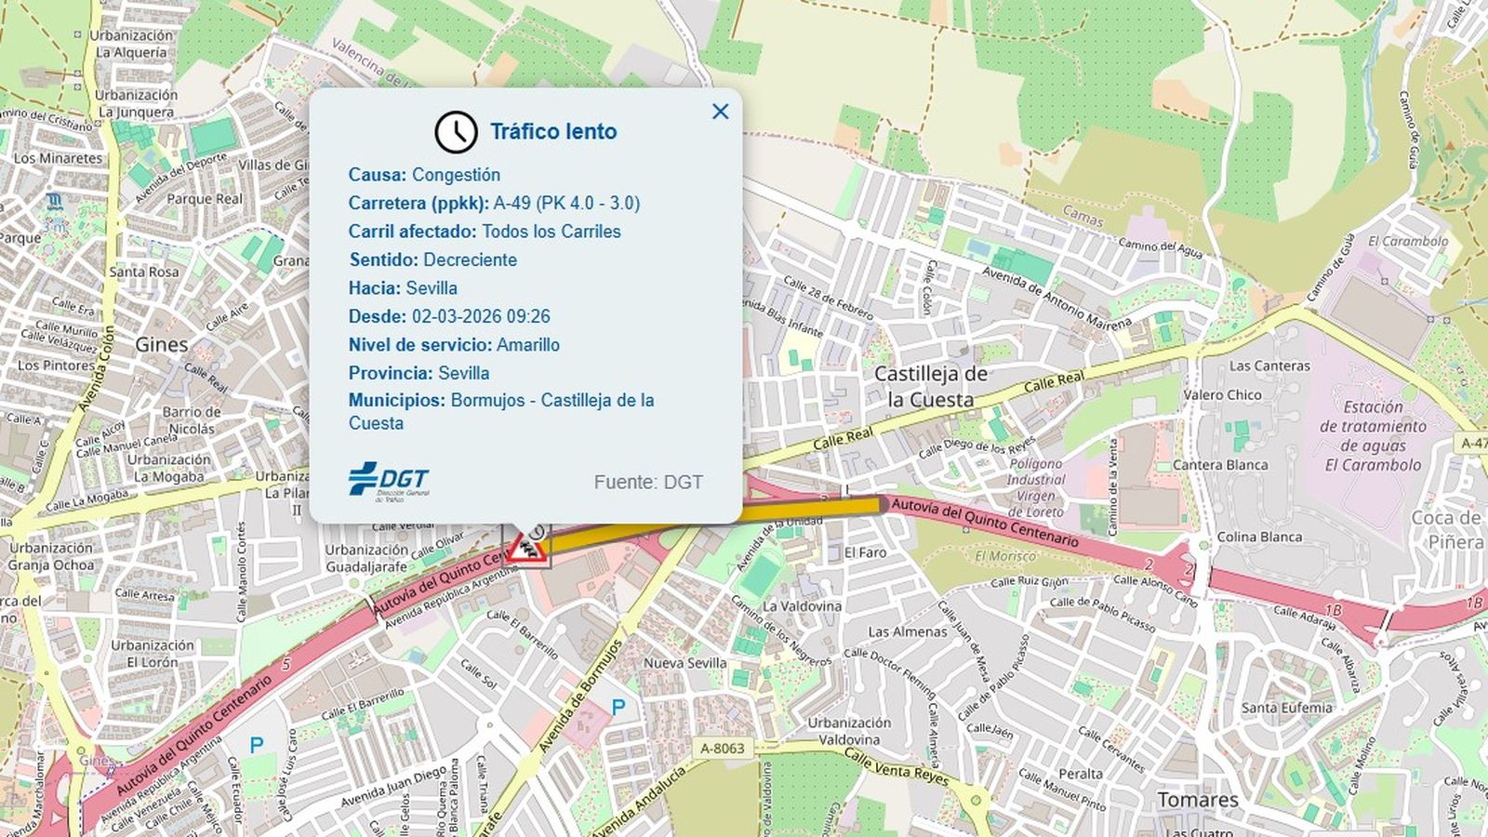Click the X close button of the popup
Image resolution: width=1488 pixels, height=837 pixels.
720,112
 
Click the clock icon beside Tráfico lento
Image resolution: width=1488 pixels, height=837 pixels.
456,132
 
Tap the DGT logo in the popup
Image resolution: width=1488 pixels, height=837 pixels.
389,480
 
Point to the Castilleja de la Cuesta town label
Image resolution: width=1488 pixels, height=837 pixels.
930,387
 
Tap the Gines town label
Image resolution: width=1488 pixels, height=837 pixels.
162,345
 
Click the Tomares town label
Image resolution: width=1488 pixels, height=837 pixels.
1198,800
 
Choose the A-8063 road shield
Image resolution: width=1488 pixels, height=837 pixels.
723,749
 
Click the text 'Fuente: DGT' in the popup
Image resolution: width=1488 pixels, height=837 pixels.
648,482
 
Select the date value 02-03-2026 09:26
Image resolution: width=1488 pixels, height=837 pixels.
481,316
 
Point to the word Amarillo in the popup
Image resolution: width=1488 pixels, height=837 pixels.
528,345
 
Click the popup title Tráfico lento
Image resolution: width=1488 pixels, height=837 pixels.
553,132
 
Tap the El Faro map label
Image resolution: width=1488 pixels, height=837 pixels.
865,552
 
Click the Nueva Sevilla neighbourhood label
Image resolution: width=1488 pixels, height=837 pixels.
685,663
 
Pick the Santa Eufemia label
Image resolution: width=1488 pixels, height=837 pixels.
1286,708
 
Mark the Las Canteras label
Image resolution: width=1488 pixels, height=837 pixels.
1269,366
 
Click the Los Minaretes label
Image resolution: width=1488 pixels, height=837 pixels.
58,158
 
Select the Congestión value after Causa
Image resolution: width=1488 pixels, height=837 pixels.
456,175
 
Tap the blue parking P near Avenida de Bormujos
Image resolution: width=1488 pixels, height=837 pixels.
618,708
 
